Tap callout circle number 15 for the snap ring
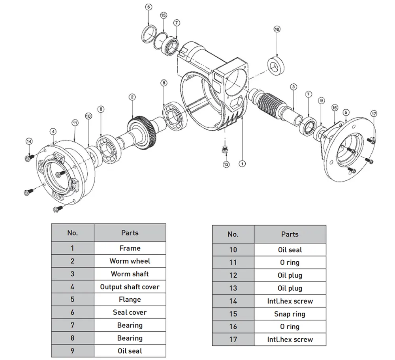(x=164, y=15)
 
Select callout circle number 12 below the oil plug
(x=226, y=164)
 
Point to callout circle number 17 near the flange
(x=374, y=114)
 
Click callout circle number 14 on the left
(x=28, y=141)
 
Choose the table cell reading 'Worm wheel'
(x=130, y=261)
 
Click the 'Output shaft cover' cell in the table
(x=130, y=287)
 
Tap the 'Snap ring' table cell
(x=290, y=314)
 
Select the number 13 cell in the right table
(x=233, y=288)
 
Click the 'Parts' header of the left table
(x=130, y=233)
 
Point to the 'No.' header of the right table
(x=233, y=234)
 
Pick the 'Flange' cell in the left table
(x=130, y=299)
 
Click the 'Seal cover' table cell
(x=130, y=312)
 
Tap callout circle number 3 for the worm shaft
(x=293, y=86)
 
